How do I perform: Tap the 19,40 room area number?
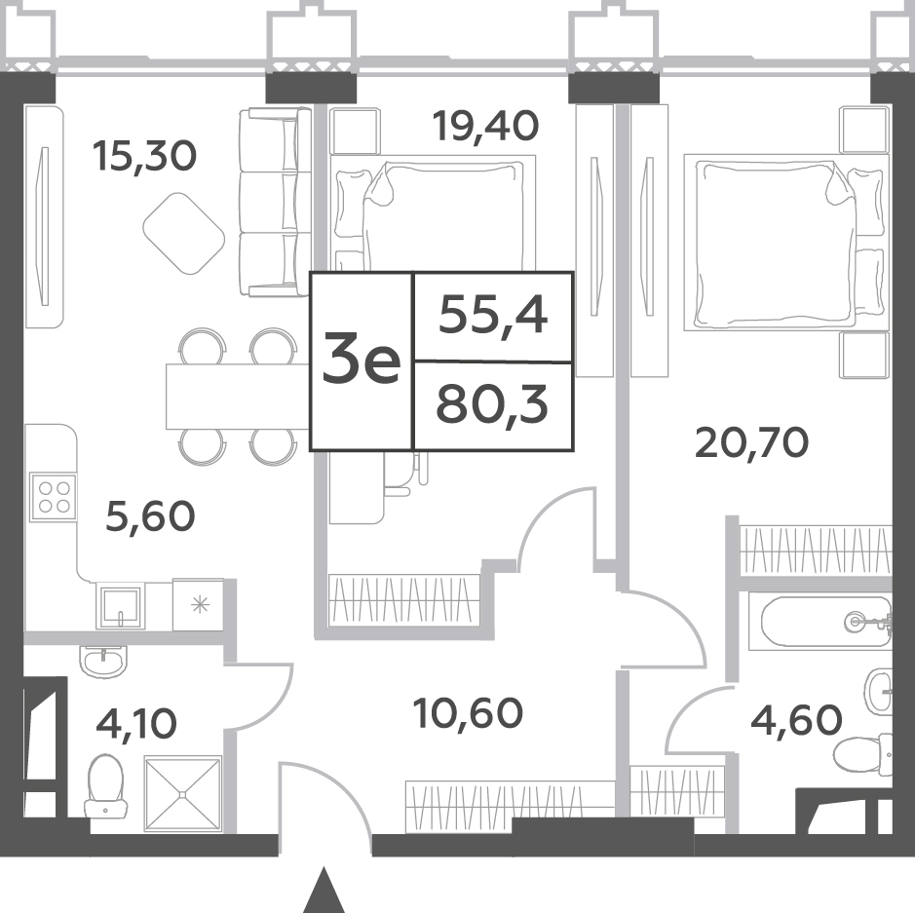pyautogui.click(x=485, y=127)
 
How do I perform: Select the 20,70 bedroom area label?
pyautogui.click(x=752, y=442)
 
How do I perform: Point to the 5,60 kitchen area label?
pyautogui.click(x=150, y=516)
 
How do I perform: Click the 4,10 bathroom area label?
pyautogui.click(x=136, y=723)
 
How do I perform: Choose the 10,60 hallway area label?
pyautogui.click(x=468, y=713)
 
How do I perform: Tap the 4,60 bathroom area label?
pyautogui.click(x=796, y=719)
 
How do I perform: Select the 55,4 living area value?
pyautogui.click(x=493, y=316)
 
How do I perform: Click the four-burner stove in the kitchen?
pyautogui.click(x=53, y=498)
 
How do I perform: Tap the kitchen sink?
pyautogui.click(x=121, y=607)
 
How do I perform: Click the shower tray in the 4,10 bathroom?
pyautogui.click(x=183, y=793)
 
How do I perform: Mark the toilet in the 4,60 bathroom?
pyautogui.click(x=863, y=754)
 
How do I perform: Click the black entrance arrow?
pyautogui.click(x=322, y=891)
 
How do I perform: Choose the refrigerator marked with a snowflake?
pyautogui.click(x=199, y=605)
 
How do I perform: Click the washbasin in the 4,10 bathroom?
pyautogui.click(x=102, y=662)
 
